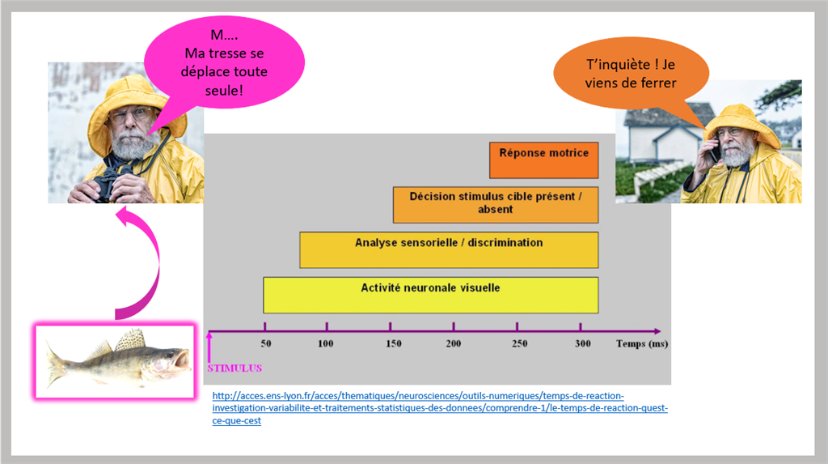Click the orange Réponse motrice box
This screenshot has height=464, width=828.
(x=544, y=160)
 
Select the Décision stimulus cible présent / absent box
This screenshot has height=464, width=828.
(x=496, y=205)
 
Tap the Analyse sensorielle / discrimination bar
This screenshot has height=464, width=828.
(x=449, y=249)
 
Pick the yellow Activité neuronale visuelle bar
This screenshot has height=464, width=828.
(x=431, y=296)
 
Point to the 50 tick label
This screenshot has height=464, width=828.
(x=265, y=344)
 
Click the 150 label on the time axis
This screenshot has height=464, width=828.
(x=394, y=344)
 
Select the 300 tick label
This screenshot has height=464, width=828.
(x=583, y=344)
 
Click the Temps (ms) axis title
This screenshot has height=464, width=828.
(x=642, y=344)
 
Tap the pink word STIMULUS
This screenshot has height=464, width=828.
(x=234, y=368)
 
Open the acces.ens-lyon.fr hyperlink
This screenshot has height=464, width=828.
(x=440, y=408)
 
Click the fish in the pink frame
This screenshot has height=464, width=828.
(x=118, y=360)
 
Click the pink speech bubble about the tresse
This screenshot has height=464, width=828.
(x=225, y=62)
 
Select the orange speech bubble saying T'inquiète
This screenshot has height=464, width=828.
(x=631, y=73)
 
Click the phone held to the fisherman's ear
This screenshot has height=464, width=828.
(x=714, y=149)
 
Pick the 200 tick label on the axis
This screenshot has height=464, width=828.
(x=453, y=344)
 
